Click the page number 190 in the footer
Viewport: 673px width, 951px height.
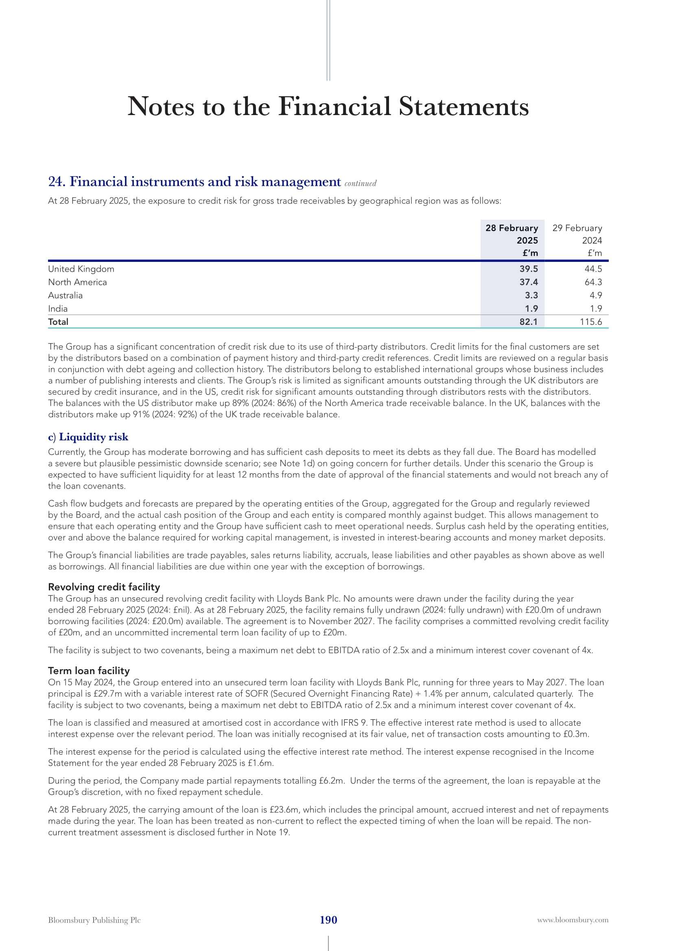[x=328, y=920]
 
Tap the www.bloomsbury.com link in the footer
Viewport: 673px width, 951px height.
[x=573, y=920]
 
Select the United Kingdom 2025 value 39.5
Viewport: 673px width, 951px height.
[x=529, y=269]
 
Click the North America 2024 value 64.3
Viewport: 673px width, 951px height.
[x=593, y=282]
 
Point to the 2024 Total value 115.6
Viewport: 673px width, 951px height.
[x=590, y=322]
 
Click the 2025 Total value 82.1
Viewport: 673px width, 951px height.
[x=529, y=322]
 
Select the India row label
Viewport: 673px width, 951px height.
[x=58, y=309]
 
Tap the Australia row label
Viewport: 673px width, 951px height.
[x=65, y=295]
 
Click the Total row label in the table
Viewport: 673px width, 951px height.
[x=58, y=322]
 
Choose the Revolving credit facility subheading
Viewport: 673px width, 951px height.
[x=104, y=587]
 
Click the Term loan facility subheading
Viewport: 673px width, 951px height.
[x=89, y=670]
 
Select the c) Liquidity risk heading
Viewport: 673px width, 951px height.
[x=88, y=437]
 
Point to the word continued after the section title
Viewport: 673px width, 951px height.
[x=360, y=183]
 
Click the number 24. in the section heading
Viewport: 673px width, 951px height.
[x=57, y=181]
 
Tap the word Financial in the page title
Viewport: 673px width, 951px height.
[x=334, y=107]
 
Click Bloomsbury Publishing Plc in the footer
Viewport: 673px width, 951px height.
[x=94, y=920]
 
